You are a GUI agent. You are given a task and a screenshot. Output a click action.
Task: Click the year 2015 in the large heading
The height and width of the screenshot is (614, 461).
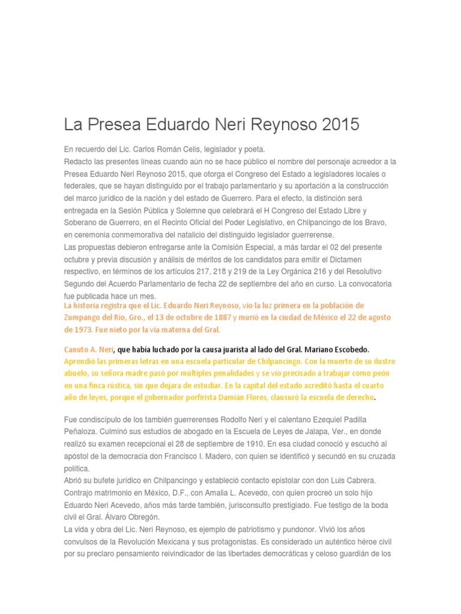click(339, 125)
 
